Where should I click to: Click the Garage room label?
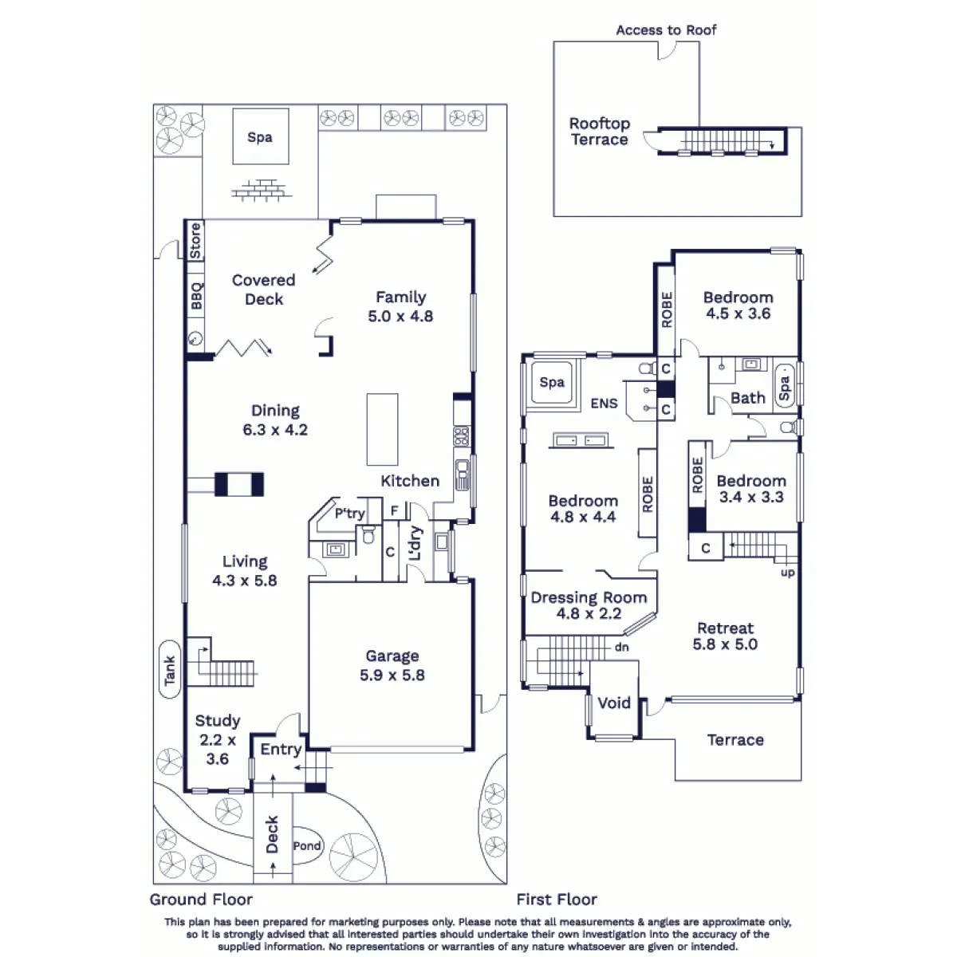(392, 656)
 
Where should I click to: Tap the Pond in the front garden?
(307, 845)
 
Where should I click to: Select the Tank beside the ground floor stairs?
(170, 669)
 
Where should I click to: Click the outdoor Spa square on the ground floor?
(261, 136)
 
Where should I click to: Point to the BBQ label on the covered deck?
(197, 296)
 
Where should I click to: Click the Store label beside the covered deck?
(195, 241)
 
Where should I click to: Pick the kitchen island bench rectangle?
(383, 429)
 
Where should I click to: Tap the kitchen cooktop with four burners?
(462, 435)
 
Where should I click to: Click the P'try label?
(349, 513)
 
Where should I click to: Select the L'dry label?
(415, 543)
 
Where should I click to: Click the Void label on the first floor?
(614, 703)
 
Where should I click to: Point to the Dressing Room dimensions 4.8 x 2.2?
(589, 613)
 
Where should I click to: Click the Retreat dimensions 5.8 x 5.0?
(725, 644)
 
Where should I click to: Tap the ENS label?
(604, 404)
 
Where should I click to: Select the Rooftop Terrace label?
(600, 131)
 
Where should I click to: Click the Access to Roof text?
(666, 30)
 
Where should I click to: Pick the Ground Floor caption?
(201, 900)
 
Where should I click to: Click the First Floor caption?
(557, 900)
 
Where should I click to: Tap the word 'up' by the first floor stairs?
(788, 573)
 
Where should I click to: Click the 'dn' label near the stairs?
(622, 647)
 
